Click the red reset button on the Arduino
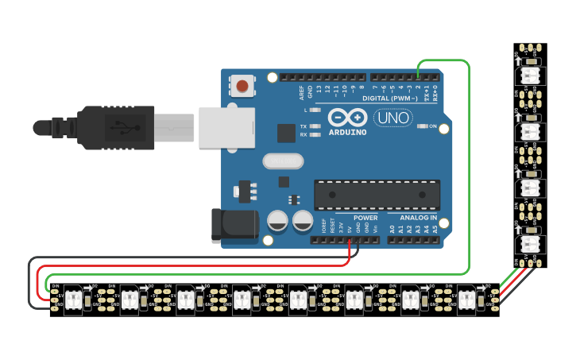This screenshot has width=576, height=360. (x=242, y=85)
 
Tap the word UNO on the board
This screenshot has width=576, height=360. (x=393, y=118)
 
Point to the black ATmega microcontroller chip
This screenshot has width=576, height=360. (x=377, y=195)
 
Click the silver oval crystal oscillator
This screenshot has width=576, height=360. (x=283, y=161)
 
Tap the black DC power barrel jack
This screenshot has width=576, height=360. (x=234, y=226)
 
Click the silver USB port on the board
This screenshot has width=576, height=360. (x=226, y=128)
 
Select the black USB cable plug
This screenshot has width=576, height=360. (x=119, y=128)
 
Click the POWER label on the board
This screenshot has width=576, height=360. (x=365, y=217)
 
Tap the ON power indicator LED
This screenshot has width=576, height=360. (x=423, y=126)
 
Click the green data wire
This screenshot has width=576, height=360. (x=470, y=159)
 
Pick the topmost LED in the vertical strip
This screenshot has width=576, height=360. (x=530, y=75)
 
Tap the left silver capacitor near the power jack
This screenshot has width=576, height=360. (x=277, y=221)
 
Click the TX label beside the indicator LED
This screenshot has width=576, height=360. (x=303, y=126)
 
